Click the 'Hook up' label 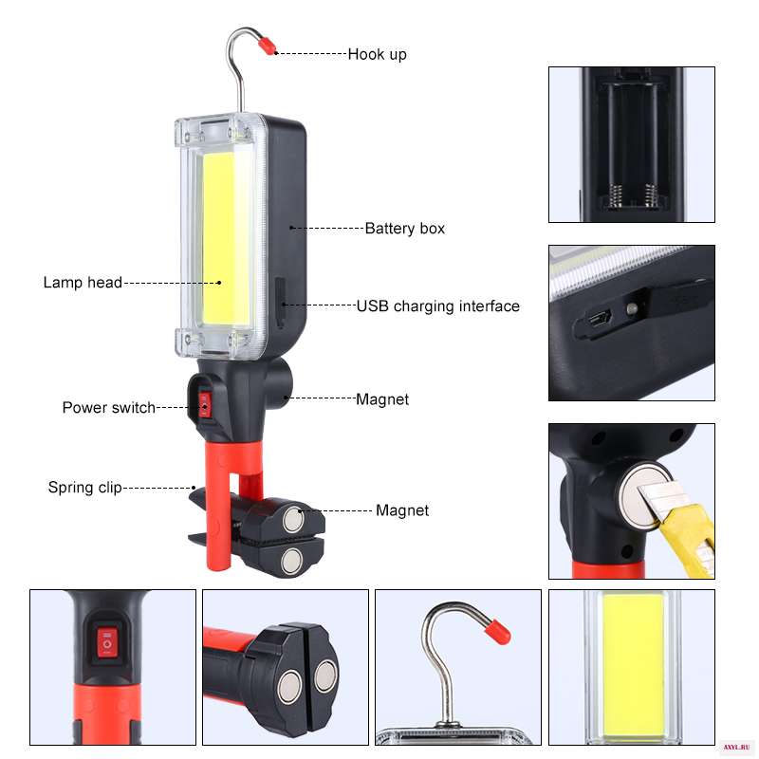tap(377, 54)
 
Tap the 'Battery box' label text tap(405, 228)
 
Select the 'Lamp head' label tap(83, 282)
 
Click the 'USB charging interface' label tap(438, 305)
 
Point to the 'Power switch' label tap(109, 408)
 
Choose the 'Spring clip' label tap(85, 487)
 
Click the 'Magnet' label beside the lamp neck tap(382, 399)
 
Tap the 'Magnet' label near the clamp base tap(402, 510)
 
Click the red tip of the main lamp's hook tap(267, 45)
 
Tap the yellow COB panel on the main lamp tap(225, 239)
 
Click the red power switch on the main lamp tap(204, 405)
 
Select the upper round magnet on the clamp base tap(293, 519)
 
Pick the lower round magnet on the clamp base tap(291, 562)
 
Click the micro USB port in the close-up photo tap(600, 319)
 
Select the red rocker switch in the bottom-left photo tap(106, 643)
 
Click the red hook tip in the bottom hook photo tap(497, 630)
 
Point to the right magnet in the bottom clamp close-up tap(325, 676)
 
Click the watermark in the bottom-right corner tap(736, 748)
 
